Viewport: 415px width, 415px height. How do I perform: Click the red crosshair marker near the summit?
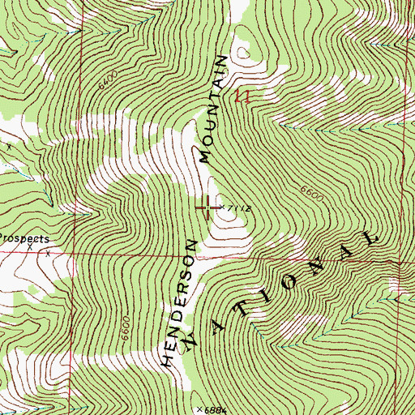pyautogui.click(x=207, y=208)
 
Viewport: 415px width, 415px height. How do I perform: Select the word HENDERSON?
pyautogui.click(x=180, y=302)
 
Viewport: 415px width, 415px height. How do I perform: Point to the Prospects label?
pyautogui.click(x=24, y=239)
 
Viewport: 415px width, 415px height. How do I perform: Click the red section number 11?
pyautogui.click(x=239, y=97)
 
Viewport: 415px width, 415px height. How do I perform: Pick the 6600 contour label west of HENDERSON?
pyautogui.click(x=126, y=327)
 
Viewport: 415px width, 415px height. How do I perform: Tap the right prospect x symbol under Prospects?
pyautogui.click(x=47, y=254)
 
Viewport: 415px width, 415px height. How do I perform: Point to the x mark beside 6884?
pyautogui.click(x=199, y=409)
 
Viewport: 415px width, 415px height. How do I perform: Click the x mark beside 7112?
pyautogui.click(x=220, y=208)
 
